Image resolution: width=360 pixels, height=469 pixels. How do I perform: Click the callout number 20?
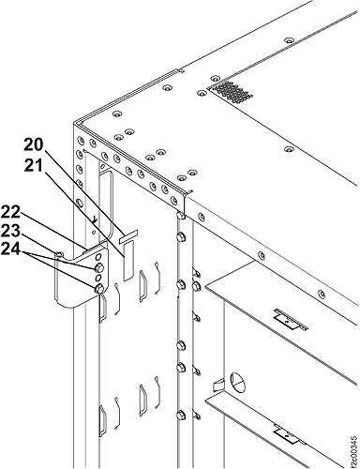(x=35, y=144)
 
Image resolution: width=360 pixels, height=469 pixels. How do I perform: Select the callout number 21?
(x=34, y=166)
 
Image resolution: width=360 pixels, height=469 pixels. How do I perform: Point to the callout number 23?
(x=9, y=232)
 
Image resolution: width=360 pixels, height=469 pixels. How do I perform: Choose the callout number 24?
(x=9, y=250)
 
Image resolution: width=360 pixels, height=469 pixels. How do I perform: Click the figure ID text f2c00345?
(x=353, y=450)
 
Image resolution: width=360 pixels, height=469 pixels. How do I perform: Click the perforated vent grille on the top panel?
(x=231, y=91)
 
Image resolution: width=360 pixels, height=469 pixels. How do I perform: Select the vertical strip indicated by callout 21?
(x=128, y=260)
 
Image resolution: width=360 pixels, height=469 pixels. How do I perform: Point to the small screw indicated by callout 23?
(x=60, y=253)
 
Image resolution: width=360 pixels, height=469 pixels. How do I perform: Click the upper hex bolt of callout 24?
(x=98, y=267)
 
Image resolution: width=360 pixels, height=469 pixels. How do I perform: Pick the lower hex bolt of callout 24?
(x=98, y=289)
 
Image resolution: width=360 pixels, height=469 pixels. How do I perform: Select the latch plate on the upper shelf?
(x=291, y=319)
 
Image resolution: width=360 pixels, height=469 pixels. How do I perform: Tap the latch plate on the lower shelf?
(x=290, y=435)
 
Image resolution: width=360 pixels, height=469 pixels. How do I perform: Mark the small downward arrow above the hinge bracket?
(x=97, y=220)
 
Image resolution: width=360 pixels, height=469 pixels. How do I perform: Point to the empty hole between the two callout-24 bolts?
(x=98, y=278)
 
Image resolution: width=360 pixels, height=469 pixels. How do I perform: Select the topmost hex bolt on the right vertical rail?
(x=180, y=216)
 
